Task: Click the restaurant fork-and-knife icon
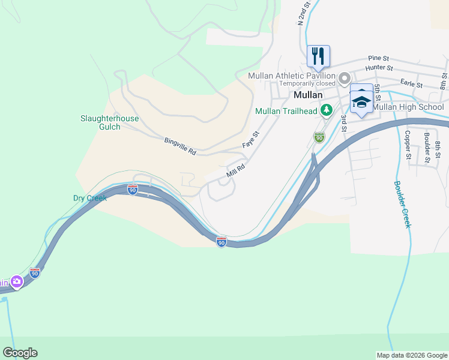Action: [318, 56]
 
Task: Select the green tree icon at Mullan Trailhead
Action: [326, 110]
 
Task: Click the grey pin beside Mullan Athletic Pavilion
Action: [344, 79]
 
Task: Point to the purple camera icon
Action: [16, 281]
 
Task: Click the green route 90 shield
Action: [319, 137]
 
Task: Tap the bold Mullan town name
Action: [309, 95]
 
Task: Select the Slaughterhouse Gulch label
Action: [109, 122]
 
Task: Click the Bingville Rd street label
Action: [180, 146]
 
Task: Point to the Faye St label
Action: [250, 140]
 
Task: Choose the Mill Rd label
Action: [236, 171]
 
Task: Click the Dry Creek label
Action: [89, 197]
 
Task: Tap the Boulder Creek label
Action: [402, 204]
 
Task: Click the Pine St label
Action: [379, 58]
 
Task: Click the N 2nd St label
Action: [304, 13]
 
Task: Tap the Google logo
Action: [20, 353]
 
